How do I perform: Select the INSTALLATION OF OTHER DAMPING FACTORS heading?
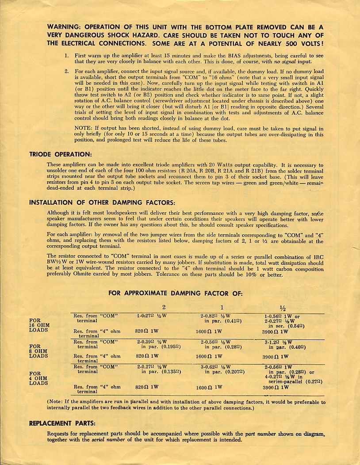(102, 202)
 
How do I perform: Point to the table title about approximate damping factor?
(175, 293)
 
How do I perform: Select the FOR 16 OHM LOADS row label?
(38, 325)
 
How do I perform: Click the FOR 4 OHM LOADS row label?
(37, 378)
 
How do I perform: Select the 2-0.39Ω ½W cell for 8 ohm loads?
(151, 342)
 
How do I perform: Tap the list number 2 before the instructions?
(66, 71)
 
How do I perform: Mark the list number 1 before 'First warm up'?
(66, 56)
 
